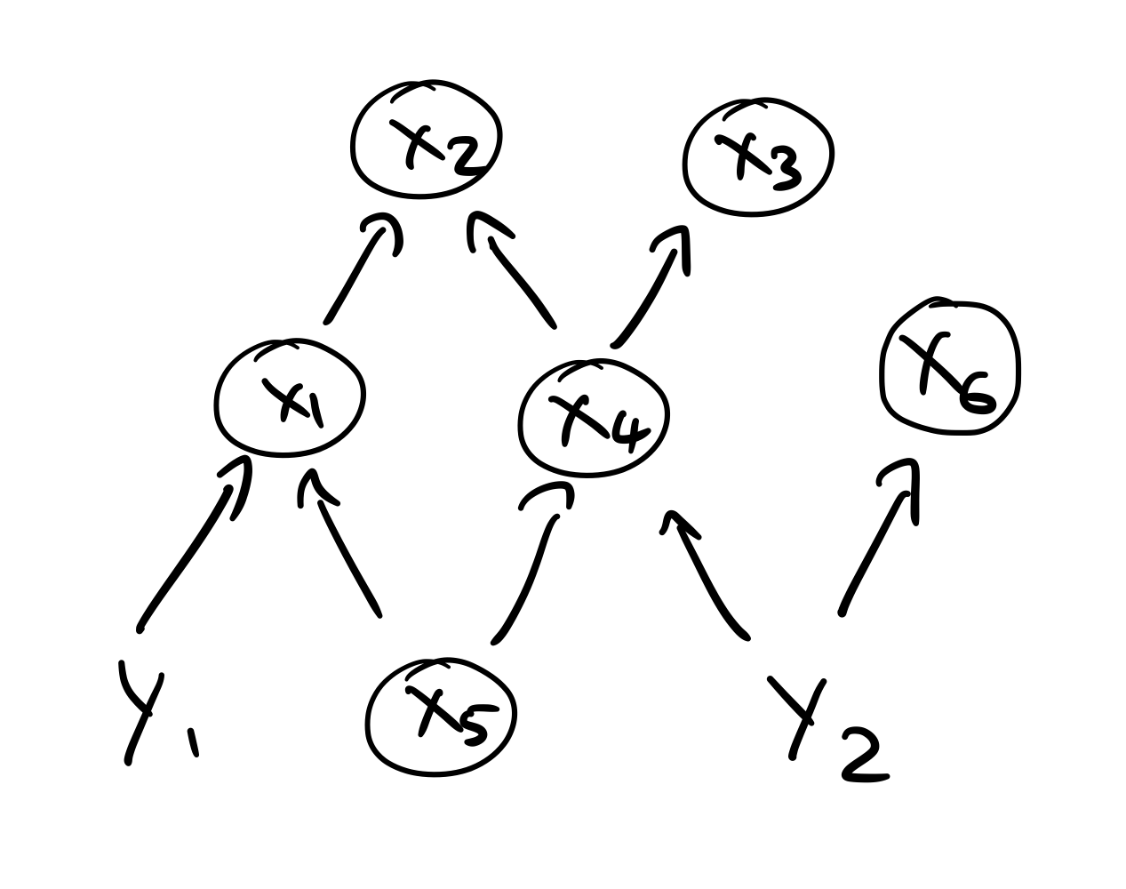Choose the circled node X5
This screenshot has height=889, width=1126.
pyautogui.click(x=441, y=717)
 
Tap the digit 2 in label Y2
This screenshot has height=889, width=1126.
pyautogui.click(x=862, y=756)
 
